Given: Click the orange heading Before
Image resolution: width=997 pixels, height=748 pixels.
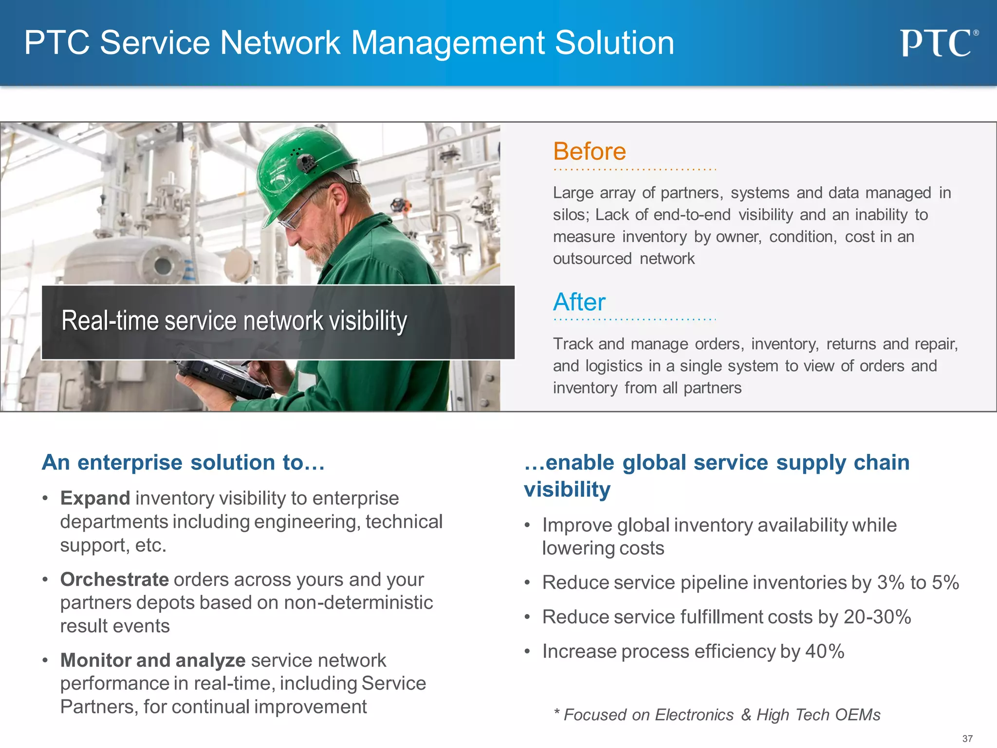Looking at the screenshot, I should point(589,151).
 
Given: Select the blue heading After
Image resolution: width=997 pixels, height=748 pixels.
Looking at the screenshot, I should point(579,302).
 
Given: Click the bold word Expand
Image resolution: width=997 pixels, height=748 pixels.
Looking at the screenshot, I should point(95,498).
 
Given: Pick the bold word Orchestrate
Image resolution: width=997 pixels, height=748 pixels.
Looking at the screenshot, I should point(114,580).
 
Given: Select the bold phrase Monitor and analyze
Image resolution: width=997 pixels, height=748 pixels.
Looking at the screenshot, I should point(153,660).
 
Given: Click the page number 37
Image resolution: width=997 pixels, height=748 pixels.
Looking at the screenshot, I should point(967,739).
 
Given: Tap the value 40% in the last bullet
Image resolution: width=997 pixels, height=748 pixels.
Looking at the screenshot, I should point(825,652).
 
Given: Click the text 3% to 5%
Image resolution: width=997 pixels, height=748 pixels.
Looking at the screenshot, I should point(918,582).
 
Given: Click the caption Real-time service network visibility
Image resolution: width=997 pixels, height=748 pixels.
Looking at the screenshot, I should point(234,321).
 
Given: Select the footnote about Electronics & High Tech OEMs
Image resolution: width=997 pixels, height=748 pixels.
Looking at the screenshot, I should point(717,715).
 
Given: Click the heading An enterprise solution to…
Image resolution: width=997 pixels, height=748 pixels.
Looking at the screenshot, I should point(183,462).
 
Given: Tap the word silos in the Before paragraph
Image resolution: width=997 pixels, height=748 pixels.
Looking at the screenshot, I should point(570,215).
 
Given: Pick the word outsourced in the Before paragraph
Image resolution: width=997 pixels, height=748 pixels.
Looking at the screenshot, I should point(592,259).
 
